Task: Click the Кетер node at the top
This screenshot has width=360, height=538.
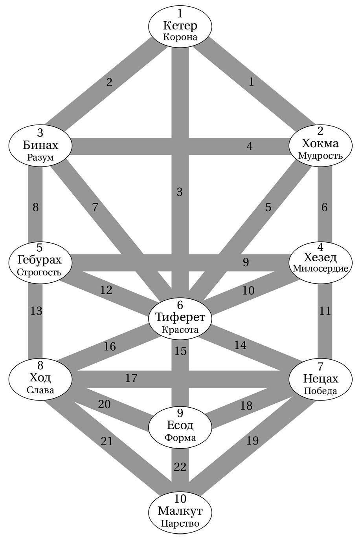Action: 180,26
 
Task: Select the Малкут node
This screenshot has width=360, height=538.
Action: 180,511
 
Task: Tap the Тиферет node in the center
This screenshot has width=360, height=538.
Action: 180,317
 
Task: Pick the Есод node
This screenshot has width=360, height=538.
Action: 180,426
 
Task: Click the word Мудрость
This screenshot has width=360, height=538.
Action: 320,156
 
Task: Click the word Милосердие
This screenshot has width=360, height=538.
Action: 320,269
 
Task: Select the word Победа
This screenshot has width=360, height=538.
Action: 320,391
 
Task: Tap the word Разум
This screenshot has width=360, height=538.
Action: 40,157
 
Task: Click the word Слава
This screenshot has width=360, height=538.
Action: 40,391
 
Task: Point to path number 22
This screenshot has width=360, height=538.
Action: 180,467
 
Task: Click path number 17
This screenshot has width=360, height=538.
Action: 131,378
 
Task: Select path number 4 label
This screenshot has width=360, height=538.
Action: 250,146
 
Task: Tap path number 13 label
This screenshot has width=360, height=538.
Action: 36,311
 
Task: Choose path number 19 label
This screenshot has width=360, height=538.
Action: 253,441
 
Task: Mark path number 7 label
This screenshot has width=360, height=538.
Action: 95,207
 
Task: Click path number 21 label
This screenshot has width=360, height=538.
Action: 107,441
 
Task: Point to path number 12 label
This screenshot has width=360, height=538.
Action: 106,290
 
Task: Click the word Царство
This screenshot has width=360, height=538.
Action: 180,523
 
